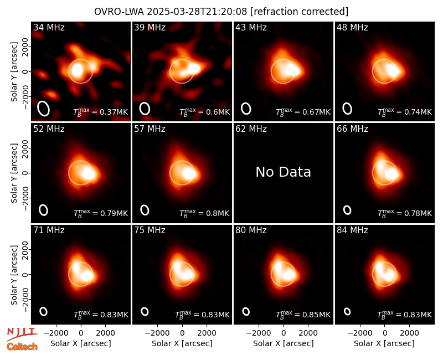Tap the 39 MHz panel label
point(150,27)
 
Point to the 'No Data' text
point(283,172)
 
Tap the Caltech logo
point(22,347)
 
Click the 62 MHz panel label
point(251,129)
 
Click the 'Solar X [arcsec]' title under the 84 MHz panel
point(384,343)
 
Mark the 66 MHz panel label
point(352,129)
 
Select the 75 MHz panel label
point(150,230)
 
